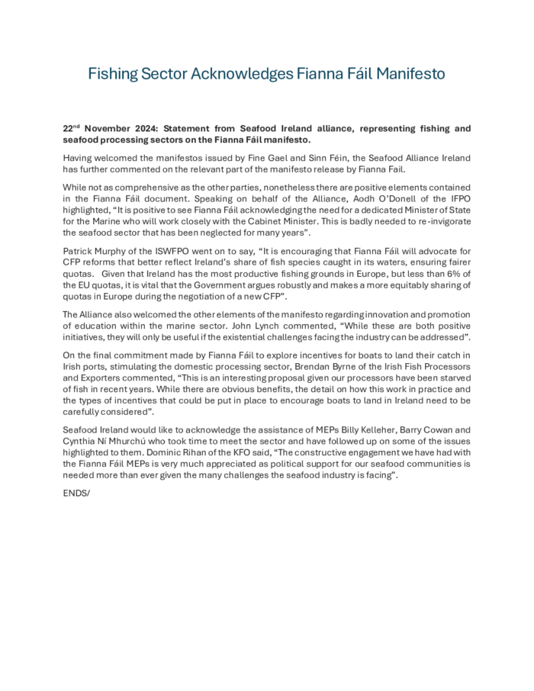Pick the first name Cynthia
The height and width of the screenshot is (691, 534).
click(79, 442)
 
